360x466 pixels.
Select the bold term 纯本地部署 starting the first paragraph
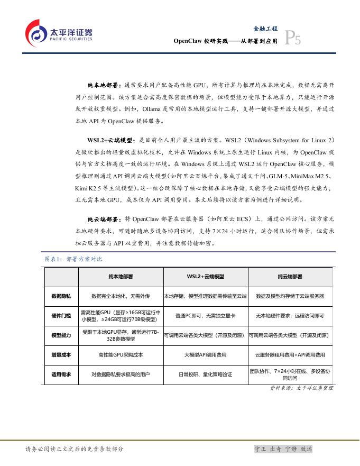104,85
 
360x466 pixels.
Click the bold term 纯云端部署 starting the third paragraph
104,218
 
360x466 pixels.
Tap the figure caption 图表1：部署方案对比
73,259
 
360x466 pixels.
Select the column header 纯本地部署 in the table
121,277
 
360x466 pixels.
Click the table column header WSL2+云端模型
205,277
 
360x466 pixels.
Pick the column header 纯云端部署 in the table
290,277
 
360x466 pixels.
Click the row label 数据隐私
61,296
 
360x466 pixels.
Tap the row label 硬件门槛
61,316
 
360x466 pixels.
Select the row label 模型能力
61,335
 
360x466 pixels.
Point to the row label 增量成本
61,355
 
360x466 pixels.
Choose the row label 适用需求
61,374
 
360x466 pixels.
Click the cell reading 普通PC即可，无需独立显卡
205,316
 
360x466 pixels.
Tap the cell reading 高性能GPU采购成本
121,355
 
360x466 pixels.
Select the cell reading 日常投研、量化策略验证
205,374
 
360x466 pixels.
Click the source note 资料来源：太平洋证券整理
300,388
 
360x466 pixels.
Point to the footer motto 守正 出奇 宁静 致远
283,449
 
